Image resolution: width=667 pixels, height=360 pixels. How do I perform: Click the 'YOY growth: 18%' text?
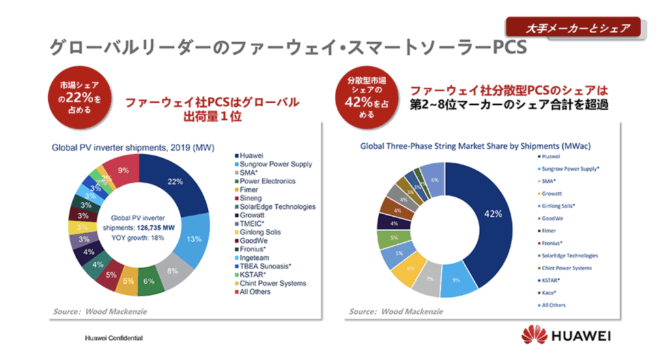click(x=137, y=238)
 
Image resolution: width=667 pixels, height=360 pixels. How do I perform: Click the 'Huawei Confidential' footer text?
click(x=114, y=339)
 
